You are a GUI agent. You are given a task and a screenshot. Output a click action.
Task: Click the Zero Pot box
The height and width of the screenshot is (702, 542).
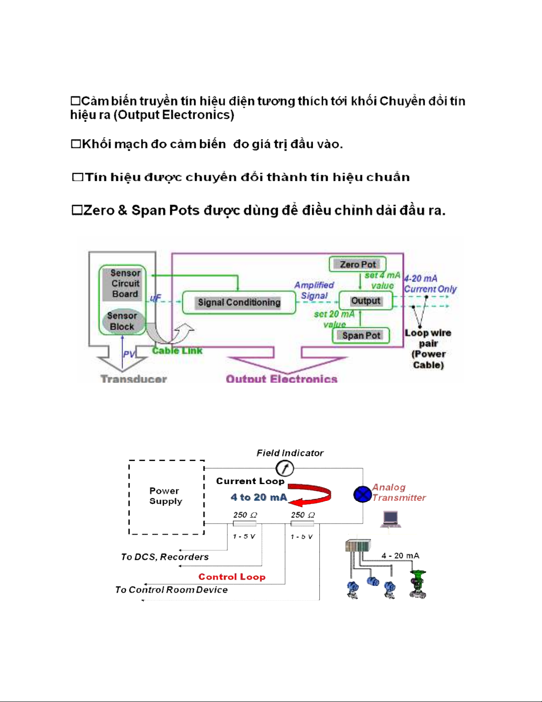point(357,264)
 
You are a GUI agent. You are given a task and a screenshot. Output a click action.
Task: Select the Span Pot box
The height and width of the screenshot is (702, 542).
point(361,336)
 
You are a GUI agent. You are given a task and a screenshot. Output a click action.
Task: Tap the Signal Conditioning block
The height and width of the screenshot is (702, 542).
point(239,303)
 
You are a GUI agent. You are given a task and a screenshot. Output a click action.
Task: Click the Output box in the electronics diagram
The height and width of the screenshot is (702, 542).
point(365,301)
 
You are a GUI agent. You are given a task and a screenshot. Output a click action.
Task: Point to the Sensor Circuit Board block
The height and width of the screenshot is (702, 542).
point(125,283)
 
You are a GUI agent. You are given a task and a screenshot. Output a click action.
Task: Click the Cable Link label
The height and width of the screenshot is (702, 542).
point(177,351)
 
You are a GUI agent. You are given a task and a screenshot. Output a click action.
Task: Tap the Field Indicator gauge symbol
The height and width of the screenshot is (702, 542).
point(284,468)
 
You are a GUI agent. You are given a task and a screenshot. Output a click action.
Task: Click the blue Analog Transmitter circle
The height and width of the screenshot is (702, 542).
point(362,494)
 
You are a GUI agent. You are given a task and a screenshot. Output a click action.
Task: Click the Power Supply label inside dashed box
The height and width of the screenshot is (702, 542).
point(165,496)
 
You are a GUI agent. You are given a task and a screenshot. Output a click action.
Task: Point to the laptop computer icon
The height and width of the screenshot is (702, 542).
point(391,519)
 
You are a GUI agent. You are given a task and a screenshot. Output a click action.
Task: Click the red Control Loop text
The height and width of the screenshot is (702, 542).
point(232,577)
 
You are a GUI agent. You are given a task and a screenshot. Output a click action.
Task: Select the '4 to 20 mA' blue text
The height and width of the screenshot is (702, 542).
point(259,497)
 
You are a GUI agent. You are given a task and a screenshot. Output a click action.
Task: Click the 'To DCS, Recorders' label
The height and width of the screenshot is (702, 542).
point(165,557)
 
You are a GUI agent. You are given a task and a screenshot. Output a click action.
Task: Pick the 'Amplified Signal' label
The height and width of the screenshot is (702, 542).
point(314,290)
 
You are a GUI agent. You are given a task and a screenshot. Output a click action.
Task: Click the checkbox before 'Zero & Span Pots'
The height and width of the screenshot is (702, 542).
point(77,210)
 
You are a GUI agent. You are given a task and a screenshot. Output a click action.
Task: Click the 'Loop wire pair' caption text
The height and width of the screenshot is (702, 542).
point(428,338)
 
